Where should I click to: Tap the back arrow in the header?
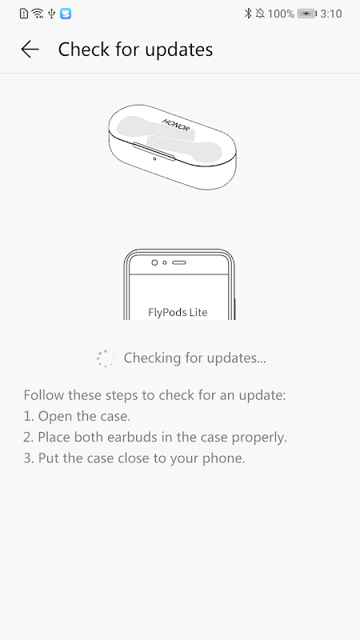tap(30, 50)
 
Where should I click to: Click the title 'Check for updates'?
tap(135, 50)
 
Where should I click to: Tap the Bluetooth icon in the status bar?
tap(248, 14)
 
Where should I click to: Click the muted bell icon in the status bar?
tap(260, 14)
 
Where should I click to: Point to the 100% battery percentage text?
tap(282, 14)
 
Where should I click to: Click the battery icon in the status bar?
tap(307, 14)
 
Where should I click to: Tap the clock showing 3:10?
tap(331, 14)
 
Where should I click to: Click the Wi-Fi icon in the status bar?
tap(38, 14)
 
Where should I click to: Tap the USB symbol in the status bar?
tap(51, 14)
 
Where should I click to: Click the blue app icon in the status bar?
tap(66, 14)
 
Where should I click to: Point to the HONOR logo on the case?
tap(176, 125)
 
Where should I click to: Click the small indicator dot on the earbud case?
tap(154, 158)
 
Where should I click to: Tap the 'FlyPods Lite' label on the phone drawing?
tap(178, 312)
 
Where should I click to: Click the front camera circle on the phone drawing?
tap(154, 262)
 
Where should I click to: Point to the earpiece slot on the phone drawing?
tap(179, 262)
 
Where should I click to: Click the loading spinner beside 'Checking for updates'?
tap(106, 358)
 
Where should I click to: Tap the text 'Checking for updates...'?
tap(194, 358)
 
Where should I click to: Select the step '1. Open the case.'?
tap(77, 416)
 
